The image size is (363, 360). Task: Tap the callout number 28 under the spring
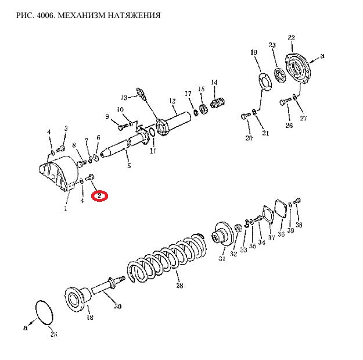point(179,286)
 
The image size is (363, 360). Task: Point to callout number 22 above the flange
point(291,38)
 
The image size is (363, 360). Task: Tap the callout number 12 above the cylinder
point(172,101)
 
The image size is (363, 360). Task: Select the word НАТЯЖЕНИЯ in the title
point(133,15)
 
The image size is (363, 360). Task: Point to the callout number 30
point(118,306)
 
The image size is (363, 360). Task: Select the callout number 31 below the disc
point(221,259)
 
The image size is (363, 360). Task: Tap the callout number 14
point(214,82)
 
